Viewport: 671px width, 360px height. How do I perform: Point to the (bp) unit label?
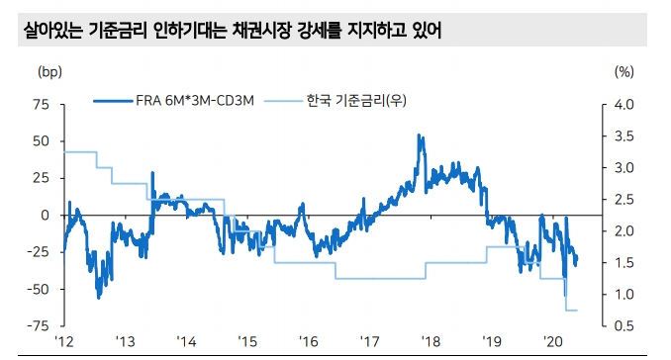48,71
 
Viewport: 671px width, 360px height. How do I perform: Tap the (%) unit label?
623,71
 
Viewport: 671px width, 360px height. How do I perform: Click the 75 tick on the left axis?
42,105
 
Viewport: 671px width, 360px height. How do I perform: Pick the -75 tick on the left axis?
39,325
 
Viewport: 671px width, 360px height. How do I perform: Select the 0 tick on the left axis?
46,215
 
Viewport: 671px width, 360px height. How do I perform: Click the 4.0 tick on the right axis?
623,105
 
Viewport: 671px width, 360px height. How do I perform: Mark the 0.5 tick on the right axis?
623,325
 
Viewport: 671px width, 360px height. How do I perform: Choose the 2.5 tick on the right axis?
623,200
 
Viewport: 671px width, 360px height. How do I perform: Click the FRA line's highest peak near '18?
421,136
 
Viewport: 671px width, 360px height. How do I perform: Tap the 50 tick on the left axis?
42,141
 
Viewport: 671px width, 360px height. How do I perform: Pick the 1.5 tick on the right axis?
623,262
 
